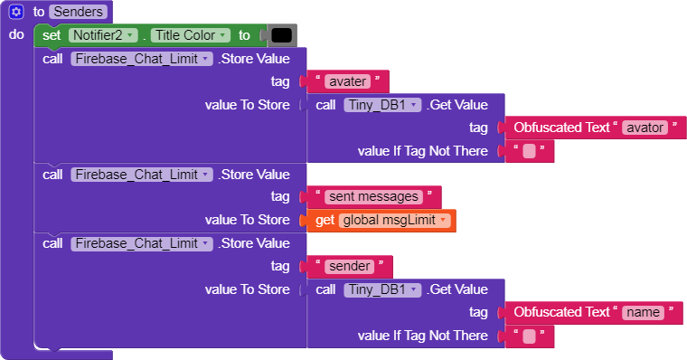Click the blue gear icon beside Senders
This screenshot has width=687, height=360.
15,12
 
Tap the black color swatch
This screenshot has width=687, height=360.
281,35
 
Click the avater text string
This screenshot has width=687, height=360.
348,81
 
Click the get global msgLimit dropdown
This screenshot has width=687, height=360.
394,220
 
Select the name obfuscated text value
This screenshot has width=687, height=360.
644,312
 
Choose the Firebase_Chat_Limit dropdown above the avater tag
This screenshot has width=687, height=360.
141,59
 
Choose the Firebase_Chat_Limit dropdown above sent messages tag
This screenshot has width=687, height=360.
141,174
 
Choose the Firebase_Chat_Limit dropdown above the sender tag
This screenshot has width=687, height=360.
141,243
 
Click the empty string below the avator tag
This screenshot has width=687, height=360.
530,151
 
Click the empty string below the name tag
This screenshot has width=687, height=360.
530,336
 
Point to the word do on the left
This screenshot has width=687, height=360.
16,34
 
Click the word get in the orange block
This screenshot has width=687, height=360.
325,220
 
